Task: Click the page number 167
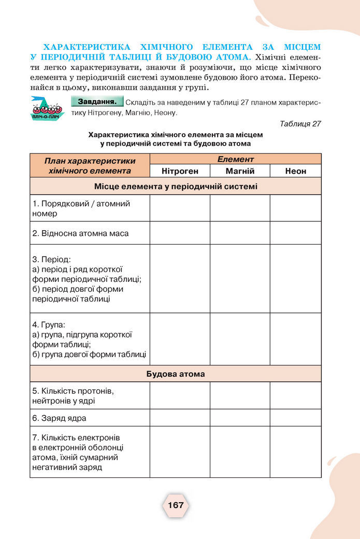176,505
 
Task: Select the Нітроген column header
180,171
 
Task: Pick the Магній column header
240,171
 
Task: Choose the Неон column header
295,171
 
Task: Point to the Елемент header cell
235,159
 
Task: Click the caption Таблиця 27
300,124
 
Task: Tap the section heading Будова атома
176,374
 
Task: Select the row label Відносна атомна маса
81,233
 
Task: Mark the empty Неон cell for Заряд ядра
295,418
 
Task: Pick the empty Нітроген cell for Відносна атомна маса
180,233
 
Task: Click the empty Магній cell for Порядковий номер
240,208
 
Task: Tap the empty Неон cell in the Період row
295,279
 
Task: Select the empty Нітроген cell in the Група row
180,339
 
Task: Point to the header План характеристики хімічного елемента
90,165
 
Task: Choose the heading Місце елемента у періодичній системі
176,186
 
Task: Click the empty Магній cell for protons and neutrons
240,395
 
